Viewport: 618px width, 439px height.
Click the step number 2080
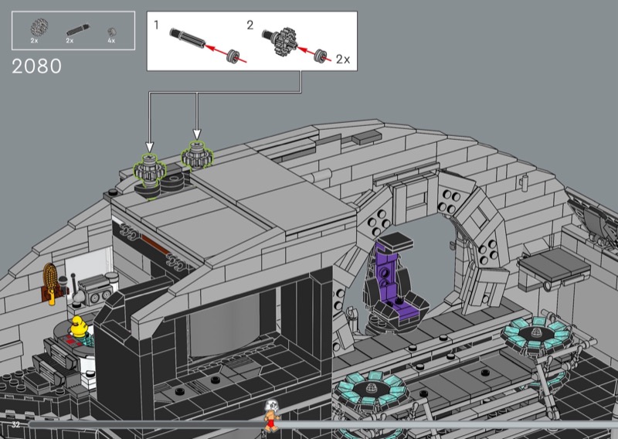point(36,66)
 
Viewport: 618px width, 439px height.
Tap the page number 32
point(15,424)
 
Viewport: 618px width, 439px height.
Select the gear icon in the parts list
point(39,27)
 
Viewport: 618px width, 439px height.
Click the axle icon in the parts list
point(78,30)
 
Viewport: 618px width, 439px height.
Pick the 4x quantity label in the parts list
point(111,41)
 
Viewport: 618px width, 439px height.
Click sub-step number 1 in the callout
point(157,26)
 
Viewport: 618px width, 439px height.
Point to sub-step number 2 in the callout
point(250,26)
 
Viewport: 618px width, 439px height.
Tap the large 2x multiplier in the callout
point(343,60)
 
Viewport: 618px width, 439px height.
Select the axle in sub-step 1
point(188,38)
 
